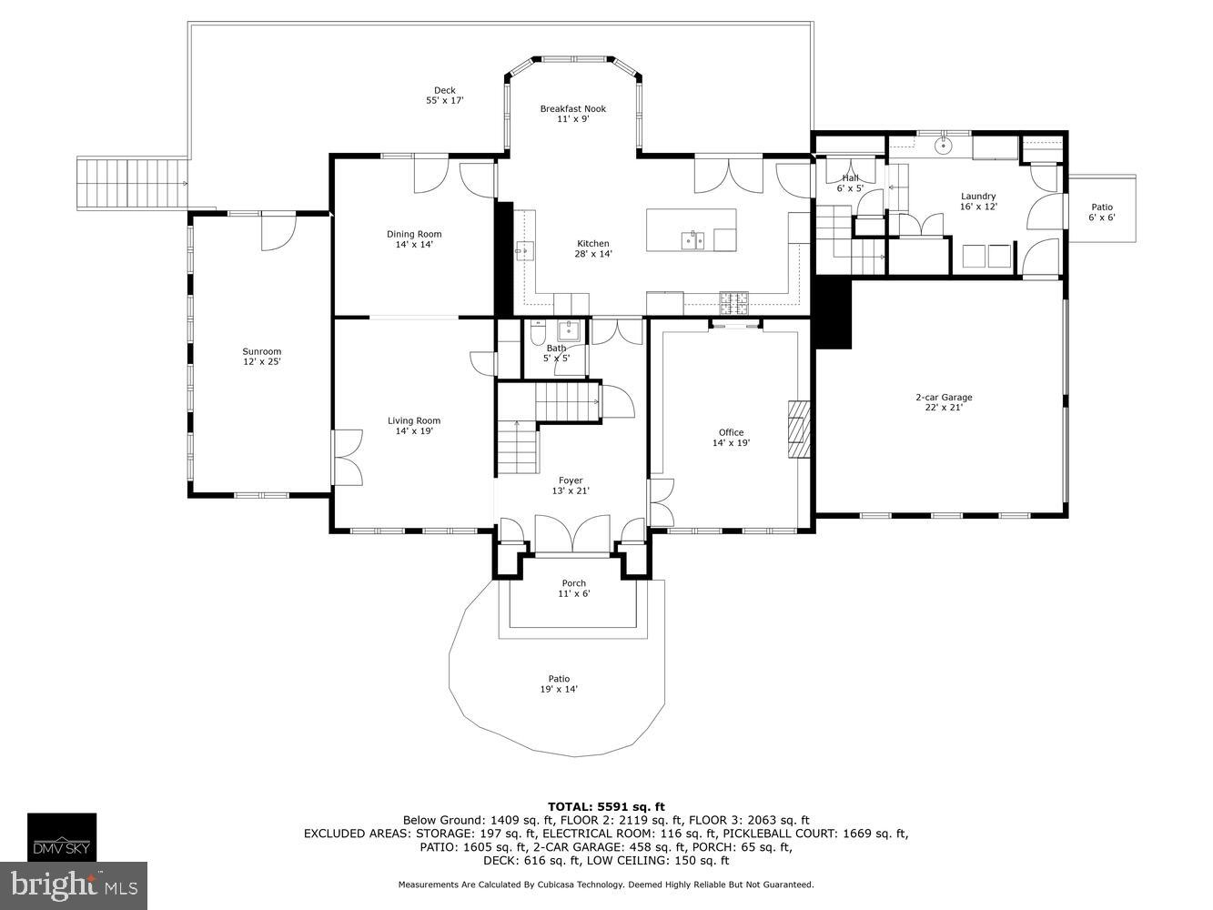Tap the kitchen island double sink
(x=693, y=240)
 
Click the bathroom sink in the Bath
(x=569, y=329)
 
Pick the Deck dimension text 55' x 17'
(x=445, y=101)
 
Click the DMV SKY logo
(x=61, y=836)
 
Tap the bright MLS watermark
(x=75, y=884)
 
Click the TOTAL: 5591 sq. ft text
(x=606, y=806)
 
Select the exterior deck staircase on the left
(x=132, y=184)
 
